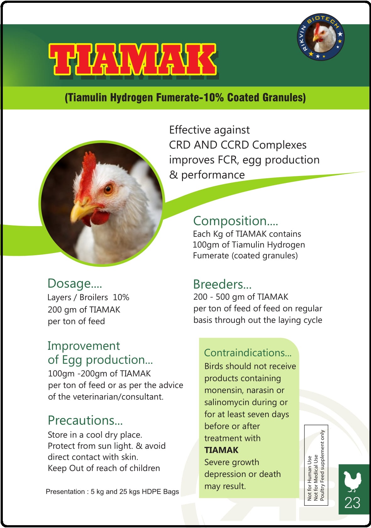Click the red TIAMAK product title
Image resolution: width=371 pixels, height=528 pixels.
[132, 59]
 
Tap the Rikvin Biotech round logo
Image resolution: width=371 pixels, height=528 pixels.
[320, 37]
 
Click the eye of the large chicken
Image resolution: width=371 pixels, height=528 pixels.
[109, 189]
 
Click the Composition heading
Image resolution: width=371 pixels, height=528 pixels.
[235, 221]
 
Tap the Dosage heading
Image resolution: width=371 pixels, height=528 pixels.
[75, 283]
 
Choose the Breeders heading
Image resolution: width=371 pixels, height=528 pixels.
[222, 284]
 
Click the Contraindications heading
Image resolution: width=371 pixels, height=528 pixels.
[248, 353]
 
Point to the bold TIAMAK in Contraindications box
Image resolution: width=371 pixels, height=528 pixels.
[221, 450]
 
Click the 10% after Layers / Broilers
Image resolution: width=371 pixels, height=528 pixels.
[121, 297]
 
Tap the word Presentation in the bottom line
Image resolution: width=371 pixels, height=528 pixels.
[65, 491]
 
